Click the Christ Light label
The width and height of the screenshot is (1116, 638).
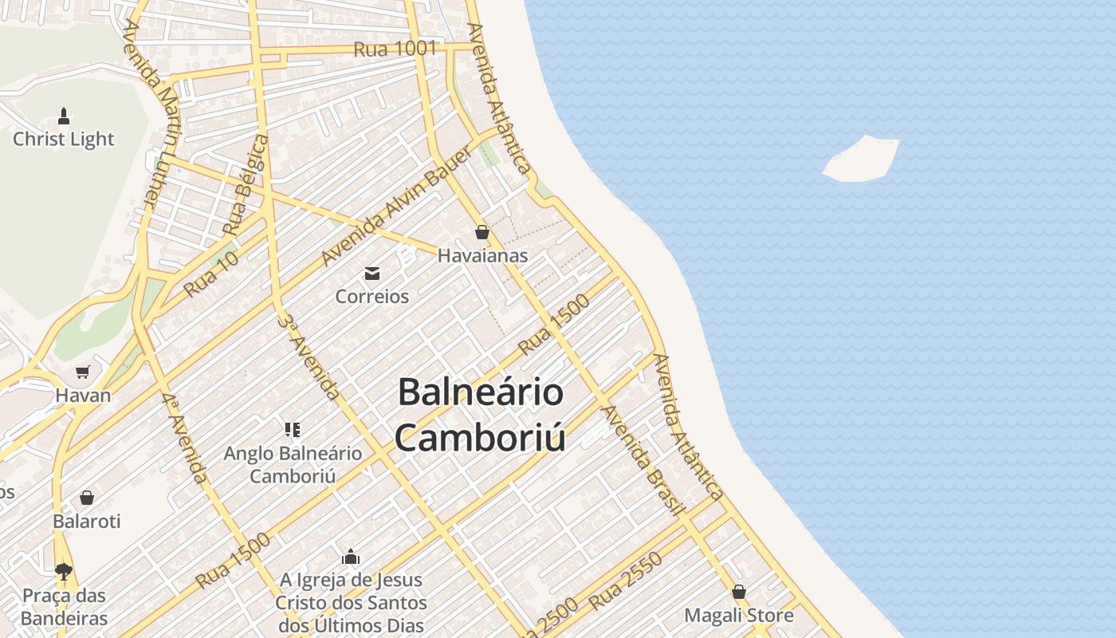pyautogui.click(x=64, y=140)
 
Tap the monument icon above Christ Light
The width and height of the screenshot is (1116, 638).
pyautogui.click(x=64, y=116)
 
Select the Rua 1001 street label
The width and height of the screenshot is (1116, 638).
pyautogui.click(x=395, y=49)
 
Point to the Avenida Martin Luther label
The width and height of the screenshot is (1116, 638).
pyautogui.click(x=151, y=112)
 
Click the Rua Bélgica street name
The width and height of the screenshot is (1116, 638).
pyautogui.click(x=246, y=186)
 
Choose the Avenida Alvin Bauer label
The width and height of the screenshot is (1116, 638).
pyautogui.click(x=396, y=207)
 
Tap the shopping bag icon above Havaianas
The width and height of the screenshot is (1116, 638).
pyautogui.click(x=481, y=232)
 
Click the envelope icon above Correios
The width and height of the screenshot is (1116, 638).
pyautogui.click(x=371, y=274)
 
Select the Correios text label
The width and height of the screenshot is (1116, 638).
pyautogui.click(x=371, y=297)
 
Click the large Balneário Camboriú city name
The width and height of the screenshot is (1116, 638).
pyautogui.click(x=481, y=415)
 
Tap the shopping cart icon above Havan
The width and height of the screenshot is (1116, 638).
pyautogui.click(x=83, y=372)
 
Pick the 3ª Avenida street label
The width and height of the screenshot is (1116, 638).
pyautogui.click(x=308, y=356)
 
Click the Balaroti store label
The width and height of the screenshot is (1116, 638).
pyautogui.click(x=87, y=522)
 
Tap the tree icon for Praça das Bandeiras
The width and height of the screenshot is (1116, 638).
pyautogui.click(x=64, y=571)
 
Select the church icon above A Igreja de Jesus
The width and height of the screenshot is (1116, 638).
pyautogui.click(x=351, y=557)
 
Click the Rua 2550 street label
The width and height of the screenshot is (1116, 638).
pyautogui.click(x=627, y=581)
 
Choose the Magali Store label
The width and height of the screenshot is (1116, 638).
pyautogui.click(x=739, y=616)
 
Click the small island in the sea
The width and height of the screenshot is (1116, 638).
pyautogui.click(x=861, y=159)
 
